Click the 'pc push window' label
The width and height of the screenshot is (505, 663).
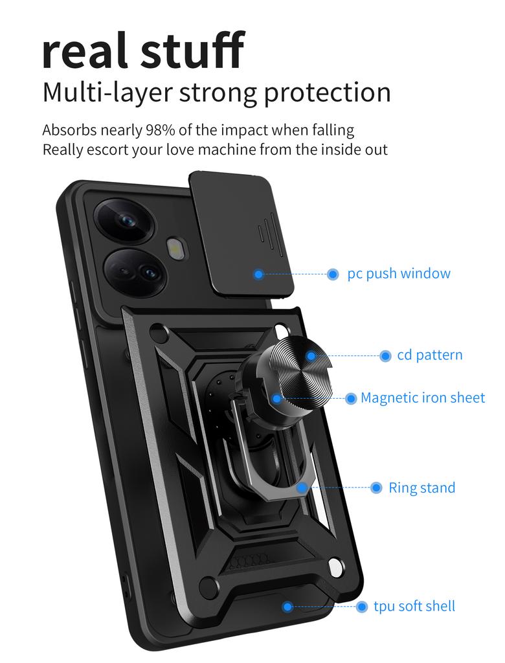click(x=399, y=273)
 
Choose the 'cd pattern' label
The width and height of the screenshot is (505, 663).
click(x=430, y=355)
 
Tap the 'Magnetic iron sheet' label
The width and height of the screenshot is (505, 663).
click(x=423, y=398)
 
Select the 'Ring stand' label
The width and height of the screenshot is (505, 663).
click(x=422, y=488)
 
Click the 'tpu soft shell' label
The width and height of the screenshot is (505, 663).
click(x=414, y=606)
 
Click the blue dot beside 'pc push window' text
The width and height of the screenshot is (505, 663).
click(x=333, y=274)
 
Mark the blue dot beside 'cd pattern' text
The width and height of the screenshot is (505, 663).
click(x=385, y=355)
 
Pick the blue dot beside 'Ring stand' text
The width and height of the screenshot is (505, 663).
click(x=376, y=488)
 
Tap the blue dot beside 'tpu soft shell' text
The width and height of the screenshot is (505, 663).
click(x=362, y=607)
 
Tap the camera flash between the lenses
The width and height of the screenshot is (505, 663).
click(x=175, y=249)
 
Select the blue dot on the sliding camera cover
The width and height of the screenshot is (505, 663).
click(x=258, y=275)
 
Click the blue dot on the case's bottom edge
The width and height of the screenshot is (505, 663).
click(x=287, y=607)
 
